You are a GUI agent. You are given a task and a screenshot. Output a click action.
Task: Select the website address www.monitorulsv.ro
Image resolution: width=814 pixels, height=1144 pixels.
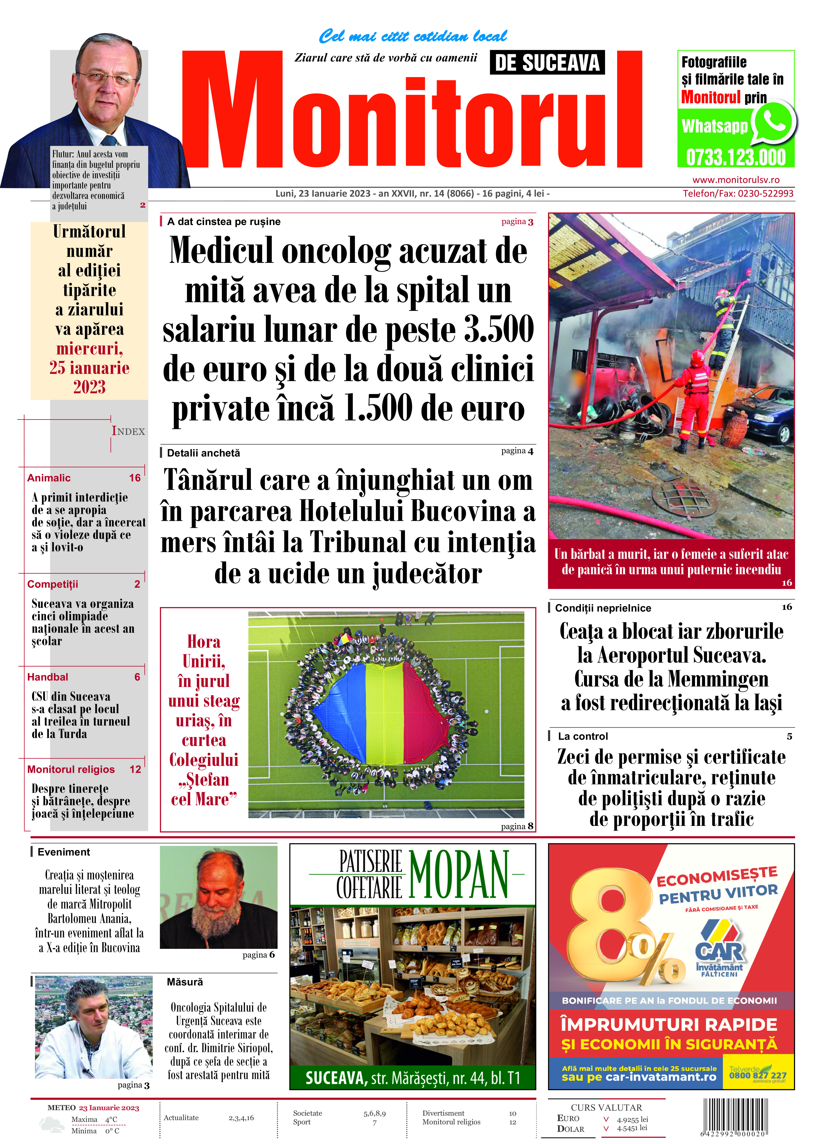pyautogui.click(x=735, y=179)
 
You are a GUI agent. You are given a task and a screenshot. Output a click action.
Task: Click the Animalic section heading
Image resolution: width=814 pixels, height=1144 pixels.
pyautogui.click(x=49, y=478)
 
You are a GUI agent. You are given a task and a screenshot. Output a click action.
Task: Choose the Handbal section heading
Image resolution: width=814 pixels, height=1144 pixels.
pyautogui.click(x=48, y=677)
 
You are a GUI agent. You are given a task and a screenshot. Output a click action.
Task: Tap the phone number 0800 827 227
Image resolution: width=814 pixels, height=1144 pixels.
pyautogui.click(x=757, y=1075)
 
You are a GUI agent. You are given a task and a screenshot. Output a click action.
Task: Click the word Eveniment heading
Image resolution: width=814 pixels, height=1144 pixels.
pyautogui.click(x=64, y=852)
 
